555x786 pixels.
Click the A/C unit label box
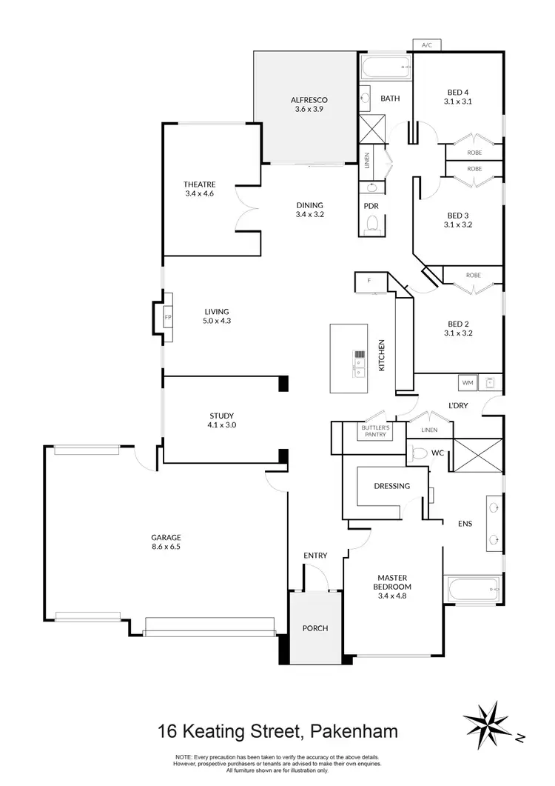pyautogui.click(x=426, y=45)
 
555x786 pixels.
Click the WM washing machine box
pyautogui.click(x=467, y=383)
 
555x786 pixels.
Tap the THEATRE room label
pyautogui.click(x=198, y=184)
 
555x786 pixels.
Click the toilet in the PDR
pyautogui.click(x=372, y=222)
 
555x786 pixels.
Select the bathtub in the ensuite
pyautogui.click(x=473, y=591)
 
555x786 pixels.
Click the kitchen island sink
pyautogui.click(x=359, y=363)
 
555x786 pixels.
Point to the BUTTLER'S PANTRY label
pyautogui.click(x=375, y=431)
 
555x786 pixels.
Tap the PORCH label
pyautogui.click(x=315, y=628)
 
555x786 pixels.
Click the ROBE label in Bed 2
pyautogui.click(x=474, y=275)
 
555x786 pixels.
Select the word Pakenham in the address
pyautogui.click(x=351, y=732)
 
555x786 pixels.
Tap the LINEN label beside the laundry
pyautogui.click(x=428, y=430)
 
